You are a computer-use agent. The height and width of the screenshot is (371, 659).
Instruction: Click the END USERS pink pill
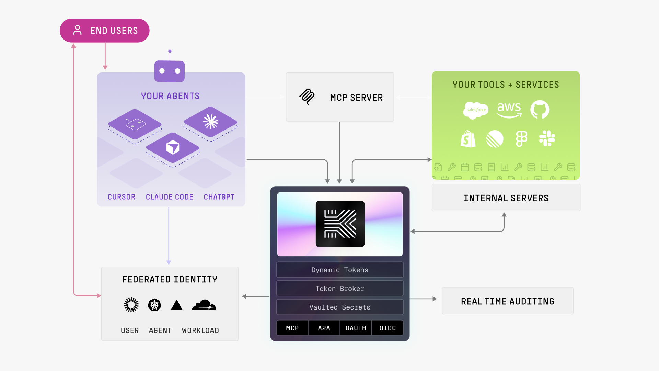(x=105, y=31)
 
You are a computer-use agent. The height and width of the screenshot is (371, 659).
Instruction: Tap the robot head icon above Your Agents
(x=170, y=71)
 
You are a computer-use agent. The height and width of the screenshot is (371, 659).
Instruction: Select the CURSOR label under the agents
(x=122, y=197)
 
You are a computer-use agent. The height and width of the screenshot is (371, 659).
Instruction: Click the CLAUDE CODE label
(x=170, y=197)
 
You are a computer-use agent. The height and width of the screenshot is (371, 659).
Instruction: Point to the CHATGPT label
(x=219, y=197)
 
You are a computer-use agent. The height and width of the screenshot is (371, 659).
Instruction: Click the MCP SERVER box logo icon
(x=307, y=97)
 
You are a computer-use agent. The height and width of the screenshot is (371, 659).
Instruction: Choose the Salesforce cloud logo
(x=475, y=110)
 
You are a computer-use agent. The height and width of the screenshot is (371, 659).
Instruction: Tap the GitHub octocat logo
(x=540, y=110)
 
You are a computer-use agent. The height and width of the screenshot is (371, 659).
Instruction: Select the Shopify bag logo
(x=468, y=139)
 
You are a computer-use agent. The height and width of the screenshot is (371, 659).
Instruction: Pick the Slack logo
(x=547, y=138)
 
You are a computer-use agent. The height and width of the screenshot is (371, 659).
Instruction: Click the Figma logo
(x=521, y=139)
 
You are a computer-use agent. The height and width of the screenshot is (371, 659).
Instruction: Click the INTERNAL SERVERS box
(x=506, y=198)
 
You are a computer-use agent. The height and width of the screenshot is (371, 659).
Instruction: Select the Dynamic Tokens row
(x=340, y=270)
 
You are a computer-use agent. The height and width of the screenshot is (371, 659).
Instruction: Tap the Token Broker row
(x=340, y=289)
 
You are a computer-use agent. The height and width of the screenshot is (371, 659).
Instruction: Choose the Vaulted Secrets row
(x=340, y=307)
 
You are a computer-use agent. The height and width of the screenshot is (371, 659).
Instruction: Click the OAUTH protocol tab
(x=356, y=328)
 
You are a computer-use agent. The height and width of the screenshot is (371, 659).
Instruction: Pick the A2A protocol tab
(x=324, y=328)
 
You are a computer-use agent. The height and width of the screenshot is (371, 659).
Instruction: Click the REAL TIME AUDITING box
(x=507, y=301)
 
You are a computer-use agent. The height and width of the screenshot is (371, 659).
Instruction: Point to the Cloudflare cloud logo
(x=204, y=305)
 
